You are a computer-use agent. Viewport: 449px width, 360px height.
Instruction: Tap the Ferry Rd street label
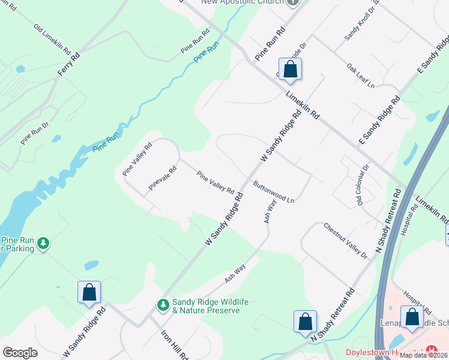[68, 63]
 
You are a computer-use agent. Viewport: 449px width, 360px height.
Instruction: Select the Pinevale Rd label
[163, 178]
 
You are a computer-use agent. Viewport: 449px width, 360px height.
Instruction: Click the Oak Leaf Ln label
[360, 76]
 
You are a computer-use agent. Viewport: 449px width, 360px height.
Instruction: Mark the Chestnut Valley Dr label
[345, 241]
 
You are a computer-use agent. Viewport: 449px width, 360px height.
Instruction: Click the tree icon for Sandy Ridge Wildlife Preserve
[163, 305]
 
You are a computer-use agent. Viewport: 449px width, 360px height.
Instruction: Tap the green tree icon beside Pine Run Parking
[43, 243]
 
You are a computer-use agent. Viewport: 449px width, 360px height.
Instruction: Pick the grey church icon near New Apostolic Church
[293, 3]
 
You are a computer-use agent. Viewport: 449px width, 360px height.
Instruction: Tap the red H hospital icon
[430, 351]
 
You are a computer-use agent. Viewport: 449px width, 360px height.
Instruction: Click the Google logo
[20, 352]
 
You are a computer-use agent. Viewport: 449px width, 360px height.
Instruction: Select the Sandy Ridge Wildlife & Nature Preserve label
[206, 306]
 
